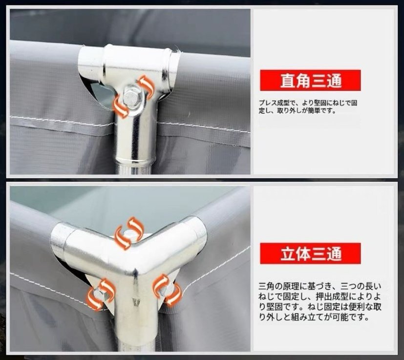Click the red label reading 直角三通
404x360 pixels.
[x=310, y=80]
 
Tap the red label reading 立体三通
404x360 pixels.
[x=310, y=254]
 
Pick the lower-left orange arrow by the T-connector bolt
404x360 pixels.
[x=121, y=106]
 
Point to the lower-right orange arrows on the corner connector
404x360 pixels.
[x=166, y=289]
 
